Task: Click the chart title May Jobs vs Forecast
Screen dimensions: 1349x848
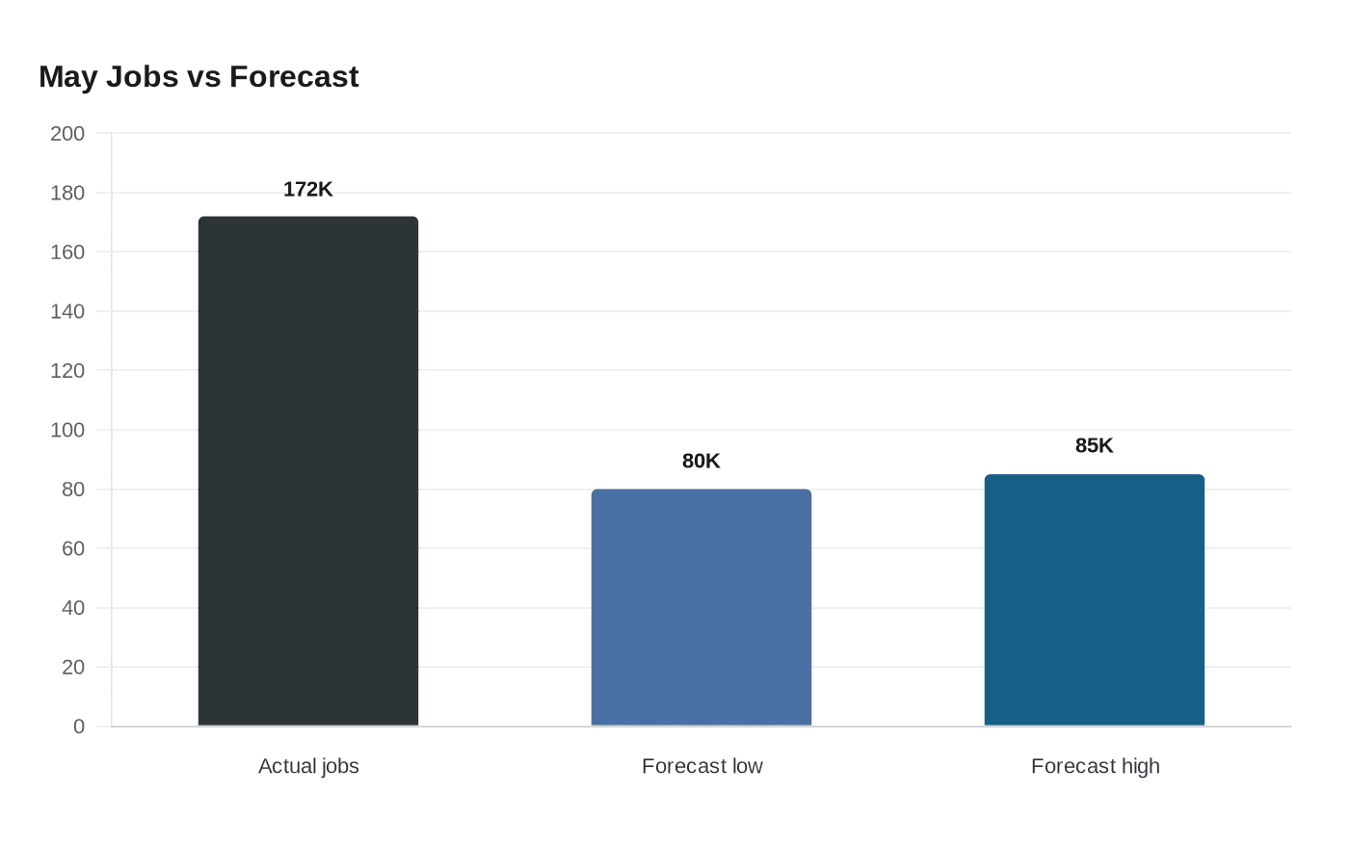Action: [x=198, y=77]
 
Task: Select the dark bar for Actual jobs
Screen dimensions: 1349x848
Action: [x=308, y=471]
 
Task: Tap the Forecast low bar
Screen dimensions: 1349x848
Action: [x=701, y=608]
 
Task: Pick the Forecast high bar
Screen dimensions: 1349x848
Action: [x=1095, y=599]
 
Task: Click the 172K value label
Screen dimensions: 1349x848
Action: [x=307, y=190]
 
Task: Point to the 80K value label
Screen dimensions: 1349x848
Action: [x=701, y=462]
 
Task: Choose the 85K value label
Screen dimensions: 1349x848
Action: [x=1095, y=445]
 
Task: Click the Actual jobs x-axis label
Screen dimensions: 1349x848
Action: [x=308, y=766]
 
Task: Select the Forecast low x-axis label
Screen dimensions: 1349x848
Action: [x=702, y=766]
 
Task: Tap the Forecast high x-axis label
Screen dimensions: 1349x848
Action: [x=1096, y=766]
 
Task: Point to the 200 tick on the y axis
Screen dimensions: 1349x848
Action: [x=67, y=134]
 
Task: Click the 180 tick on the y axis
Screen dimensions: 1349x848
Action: [x=67, y=194]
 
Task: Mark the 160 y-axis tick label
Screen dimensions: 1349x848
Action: [x=67, y=252]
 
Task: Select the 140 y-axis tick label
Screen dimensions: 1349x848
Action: [x=67, y=312]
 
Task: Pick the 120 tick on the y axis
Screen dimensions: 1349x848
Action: [x=67, y=371]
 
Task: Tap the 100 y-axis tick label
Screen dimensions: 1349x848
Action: [x=67, y=431]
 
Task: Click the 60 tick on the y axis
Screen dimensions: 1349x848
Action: [x=73, y=548]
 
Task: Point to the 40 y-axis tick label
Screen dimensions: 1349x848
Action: [x=73, y=608]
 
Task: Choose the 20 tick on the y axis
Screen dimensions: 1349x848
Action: [x=73, y=667]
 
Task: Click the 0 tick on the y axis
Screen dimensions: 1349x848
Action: [x=79, y=727]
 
